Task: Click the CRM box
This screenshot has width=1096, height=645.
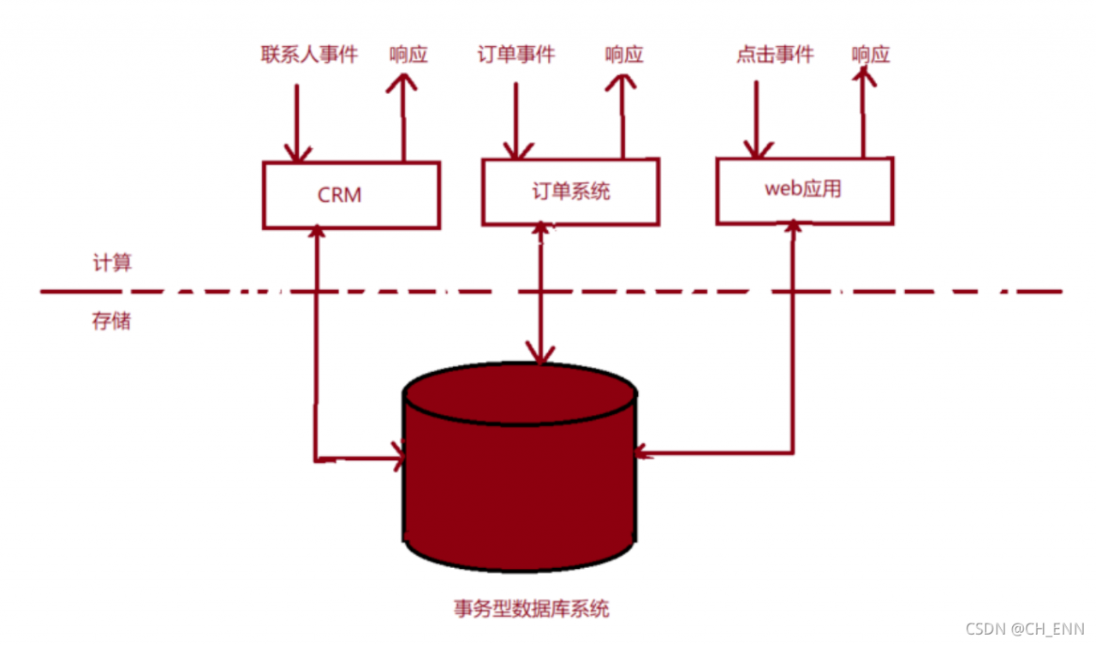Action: [x=350, y=195]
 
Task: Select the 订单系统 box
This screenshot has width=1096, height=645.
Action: [x=570, y=191]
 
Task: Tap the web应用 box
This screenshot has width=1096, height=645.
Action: [x=804, y=189]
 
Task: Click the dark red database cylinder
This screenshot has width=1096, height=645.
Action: [x=520, y=479]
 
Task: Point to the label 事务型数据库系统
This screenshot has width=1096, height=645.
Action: [x=531, y=609]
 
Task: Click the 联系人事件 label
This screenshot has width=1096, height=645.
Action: [x=309, y=55]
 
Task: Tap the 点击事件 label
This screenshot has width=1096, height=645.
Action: [x=775, y=55]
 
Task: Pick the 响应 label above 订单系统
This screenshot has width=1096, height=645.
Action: [x=623, y=55]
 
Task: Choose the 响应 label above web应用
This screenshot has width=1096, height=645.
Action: [x=871, y=55]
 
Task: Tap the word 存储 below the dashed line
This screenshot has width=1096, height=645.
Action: [x=112, y=322]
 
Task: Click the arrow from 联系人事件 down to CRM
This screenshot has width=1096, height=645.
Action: [x=296, y=124]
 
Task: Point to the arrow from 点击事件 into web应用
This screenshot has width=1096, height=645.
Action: [x=754, y=120]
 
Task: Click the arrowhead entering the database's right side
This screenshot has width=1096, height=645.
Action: [x=645, y=453]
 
